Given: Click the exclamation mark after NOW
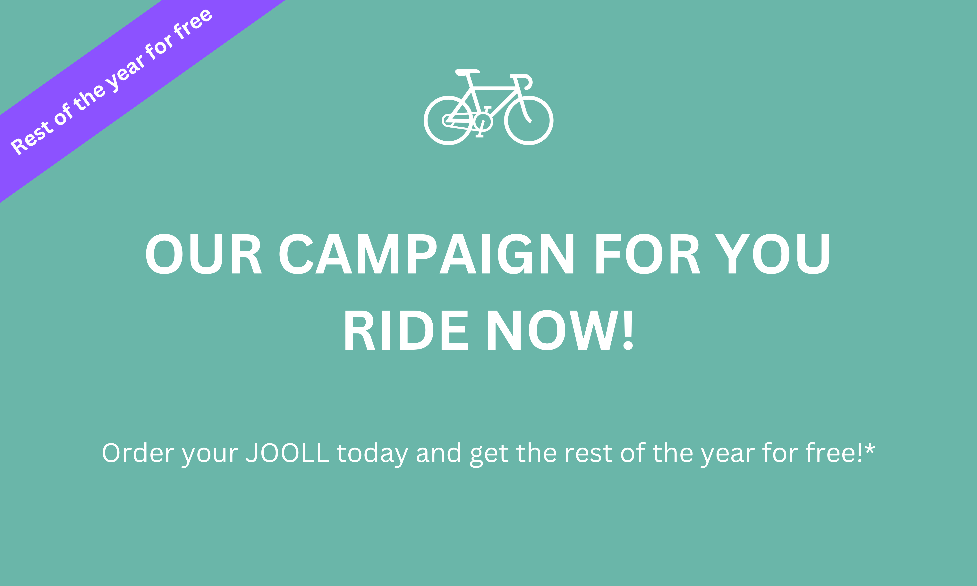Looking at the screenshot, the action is [x=628, y=330].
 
